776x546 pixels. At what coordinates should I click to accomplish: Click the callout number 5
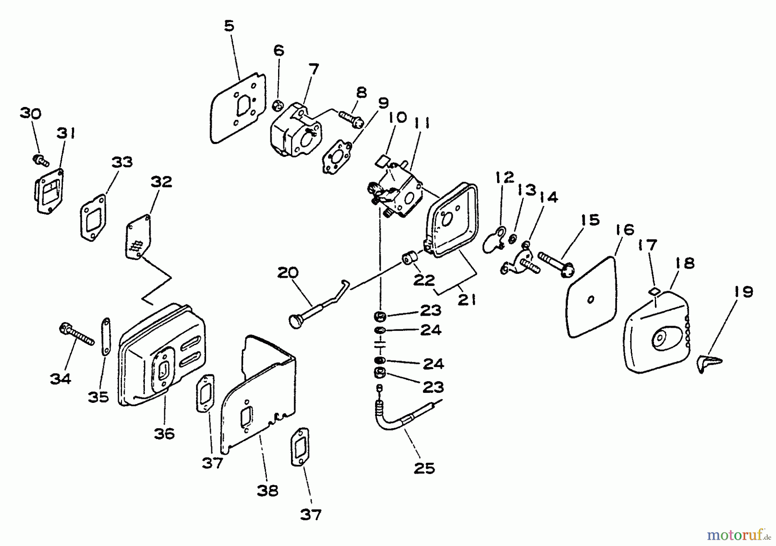[229, 26]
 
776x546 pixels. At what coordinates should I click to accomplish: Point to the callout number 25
[424, 468]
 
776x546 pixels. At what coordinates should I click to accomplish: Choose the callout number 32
[162, 182]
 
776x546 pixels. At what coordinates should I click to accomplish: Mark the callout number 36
[164, 433]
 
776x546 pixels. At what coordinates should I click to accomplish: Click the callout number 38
[267, 490]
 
